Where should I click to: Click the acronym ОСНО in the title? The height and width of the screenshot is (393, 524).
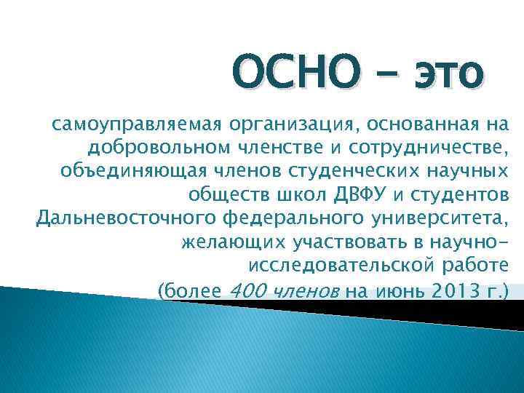pyautogui.click(x=296, y=76)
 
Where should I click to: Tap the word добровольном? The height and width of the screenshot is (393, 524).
pyautogui.click(x=159, y=149)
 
